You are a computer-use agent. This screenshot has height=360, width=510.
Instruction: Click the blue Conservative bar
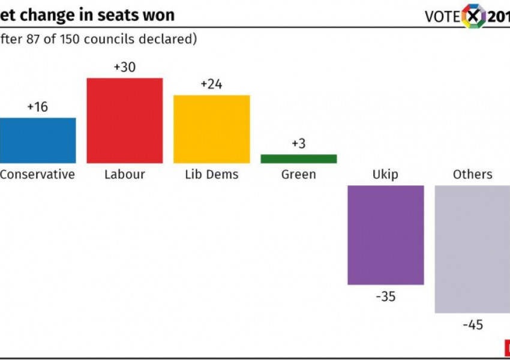coord(37,140)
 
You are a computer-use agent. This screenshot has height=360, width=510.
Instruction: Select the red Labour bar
coord(125,121)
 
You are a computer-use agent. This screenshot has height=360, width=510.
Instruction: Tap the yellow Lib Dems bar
coord(212,129)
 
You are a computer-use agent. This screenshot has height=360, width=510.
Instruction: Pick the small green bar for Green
coord(299,159)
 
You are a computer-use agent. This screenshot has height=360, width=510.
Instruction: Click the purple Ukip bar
coord(386,235)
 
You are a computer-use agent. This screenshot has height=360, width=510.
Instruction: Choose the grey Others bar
coord(472,249)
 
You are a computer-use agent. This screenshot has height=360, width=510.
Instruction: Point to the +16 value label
coord(37,107)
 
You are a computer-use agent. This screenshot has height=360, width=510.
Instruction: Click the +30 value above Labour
coord(125,67)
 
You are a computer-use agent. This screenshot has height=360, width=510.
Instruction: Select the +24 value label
coord(211,85)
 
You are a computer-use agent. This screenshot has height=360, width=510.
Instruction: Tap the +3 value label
coord(298,144)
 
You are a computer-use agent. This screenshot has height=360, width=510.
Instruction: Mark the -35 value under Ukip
coord(385,296)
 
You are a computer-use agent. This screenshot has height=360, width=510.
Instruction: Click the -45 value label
coord(473,325)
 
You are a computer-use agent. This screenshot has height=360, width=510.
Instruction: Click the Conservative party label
coord(37,175)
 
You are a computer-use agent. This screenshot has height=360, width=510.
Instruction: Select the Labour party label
coord(125,175)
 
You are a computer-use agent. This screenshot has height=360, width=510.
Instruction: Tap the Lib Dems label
coord(211,175)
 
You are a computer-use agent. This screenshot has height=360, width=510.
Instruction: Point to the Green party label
coord(298,175)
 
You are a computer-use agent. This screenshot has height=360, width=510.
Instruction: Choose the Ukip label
coord(385,175)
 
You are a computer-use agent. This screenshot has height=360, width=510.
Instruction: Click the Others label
coord(473,175)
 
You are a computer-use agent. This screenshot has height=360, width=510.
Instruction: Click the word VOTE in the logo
coord(443,17)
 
